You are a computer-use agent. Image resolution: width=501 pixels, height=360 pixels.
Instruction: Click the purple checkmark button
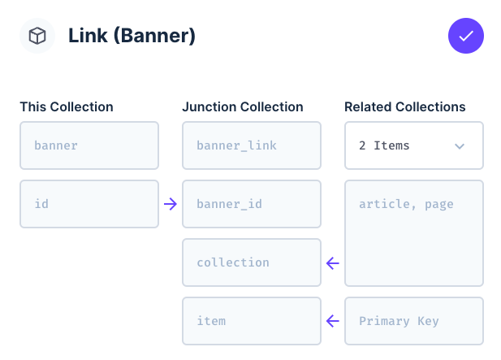(466, 36)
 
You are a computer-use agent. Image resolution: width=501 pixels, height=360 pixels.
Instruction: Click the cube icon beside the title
(37, 36)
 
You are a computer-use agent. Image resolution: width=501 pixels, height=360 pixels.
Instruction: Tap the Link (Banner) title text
(132, 36)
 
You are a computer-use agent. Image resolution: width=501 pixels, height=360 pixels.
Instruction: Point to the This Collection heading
(67, 106)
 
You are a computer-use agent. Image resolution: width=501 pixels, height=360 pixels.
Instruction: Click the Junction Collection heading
(243, 106)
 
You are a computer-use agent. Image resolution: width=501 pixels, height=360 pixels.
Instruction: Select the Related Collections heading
(405, 106)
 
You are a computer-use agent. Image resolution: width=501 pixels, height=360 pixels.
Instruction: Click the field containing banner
(89, 145)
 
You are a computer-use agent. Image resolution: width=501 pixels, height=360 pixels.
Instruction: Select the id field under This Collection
(89, 204)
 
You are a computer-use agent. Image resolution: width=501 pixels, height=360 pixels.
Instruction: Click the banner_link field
(252, 145)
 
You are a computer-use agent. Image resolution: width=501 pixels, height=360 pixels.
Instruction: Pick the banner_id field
(252, 204)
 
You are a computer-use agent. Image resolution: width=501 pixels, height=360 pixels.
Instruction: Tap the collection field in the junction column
(252, 262)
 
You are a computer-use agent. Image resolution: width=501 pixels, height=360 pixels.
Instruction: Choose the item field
(252, 321)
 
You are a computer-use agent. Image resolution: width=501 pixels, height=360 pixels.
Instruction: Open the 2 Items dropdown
(414, 145)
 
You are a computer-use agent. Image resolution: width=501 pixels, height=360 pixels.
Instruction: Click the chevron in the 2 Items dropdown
(460, 146)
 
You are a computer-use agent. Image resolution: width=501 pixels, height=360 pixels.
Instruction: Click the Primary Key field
(414, 321)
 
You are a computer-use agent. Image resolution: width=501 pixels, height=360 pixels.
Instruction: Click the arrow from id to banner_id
(171, 204)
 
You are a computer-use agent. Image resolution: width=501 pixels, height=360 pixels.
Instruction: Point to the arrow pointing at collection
(333, 263)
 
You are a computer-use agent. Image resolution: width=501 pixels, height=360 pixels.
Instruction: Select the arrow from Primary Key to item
(333, 321)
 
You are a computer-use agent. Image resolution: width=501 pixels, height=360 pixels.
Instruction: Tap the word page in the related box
(439, 205)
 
